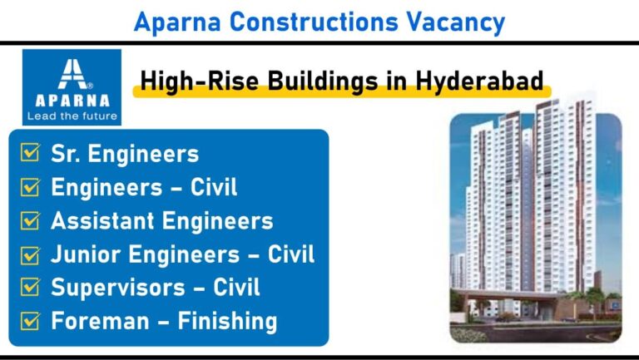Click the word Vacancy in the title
pyautogui.click(x=456, y=22)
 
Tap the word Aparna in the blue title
pyautogui.click(x=177, y=22)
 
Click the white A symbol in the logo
pyautogui.click(x=73, y=74)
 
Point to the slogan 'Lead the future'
pyautogui.click(x=72, y=116)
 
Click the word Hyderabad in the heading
pyautogui.click(x=479, y=80)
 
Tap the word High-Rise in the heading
pyautogui.click(x=200, y=81)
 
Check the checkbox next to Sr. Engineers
pyautogui.click(x=30, y=152)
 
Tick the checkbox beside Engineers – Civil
pyautogui.click(x=30, y=187)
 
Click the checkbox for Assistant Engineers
pyautogui.click(x=30, y=220)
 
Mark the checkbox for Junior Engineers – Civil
pyautogui.click(x=30, y=255)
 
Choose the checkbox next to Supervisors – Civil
pyautogui.click(x=30, y=287)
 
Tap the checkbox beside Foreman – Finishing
pyautogui.click(x=30, y=320)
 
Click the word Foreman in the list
pyautogui.click(x=100, y=321)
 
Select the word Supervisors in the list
pyautogui.click(x=118, y=287)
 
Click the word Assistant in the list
pyautogui.click(x=102, y=220)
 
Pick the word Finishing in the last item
pyautogui.click(x=227, y=321)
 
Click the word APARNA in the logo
pyautogui.click(x=72, y=101)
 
